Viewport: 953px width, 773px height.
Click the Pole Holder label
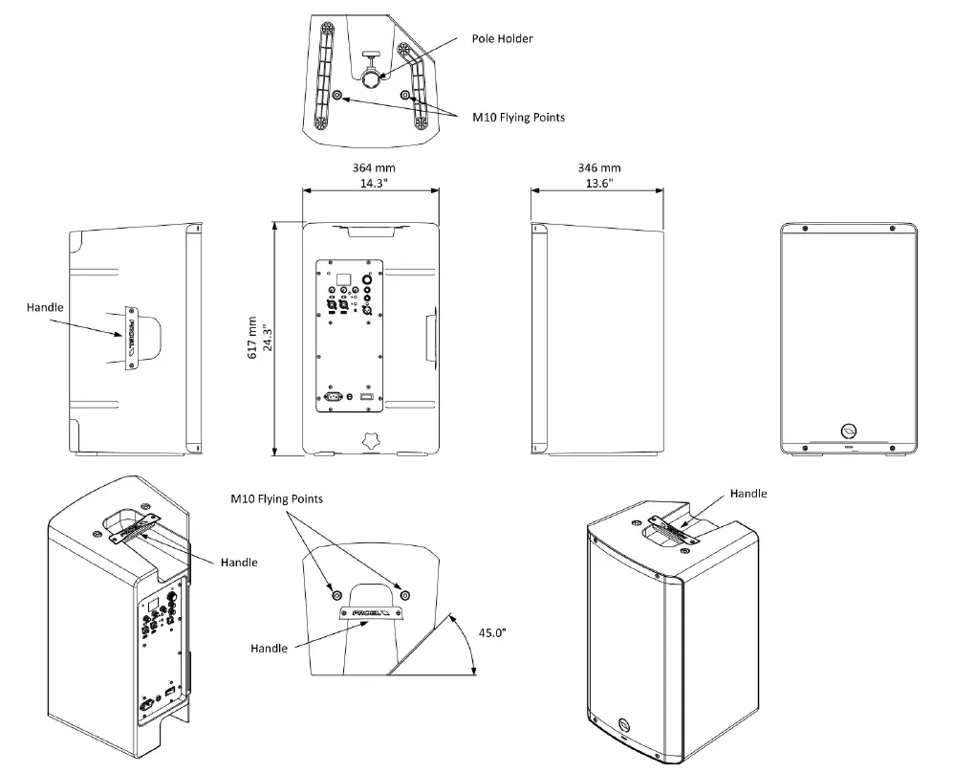point(502,39)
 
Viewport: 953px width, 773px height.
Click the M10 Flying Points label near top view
point(519,118)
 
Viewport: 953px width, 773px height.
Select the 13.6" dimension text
point(597,184)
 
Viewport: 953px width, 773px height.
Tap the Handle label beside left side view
point(46,307)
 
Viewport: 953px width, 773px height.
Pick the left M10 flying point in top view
point(337,95)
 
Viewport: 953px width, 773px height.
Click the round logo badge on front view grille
point(849,431)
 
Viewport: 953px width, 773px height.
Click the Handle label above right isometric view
point(748,494)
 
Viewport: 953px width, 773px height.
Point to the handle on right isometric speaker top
point(682,527)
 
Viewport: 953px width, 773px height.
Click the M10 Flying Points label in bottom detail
point(276,499)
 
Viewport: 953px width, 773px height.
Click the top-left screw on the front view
point(805,230)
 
